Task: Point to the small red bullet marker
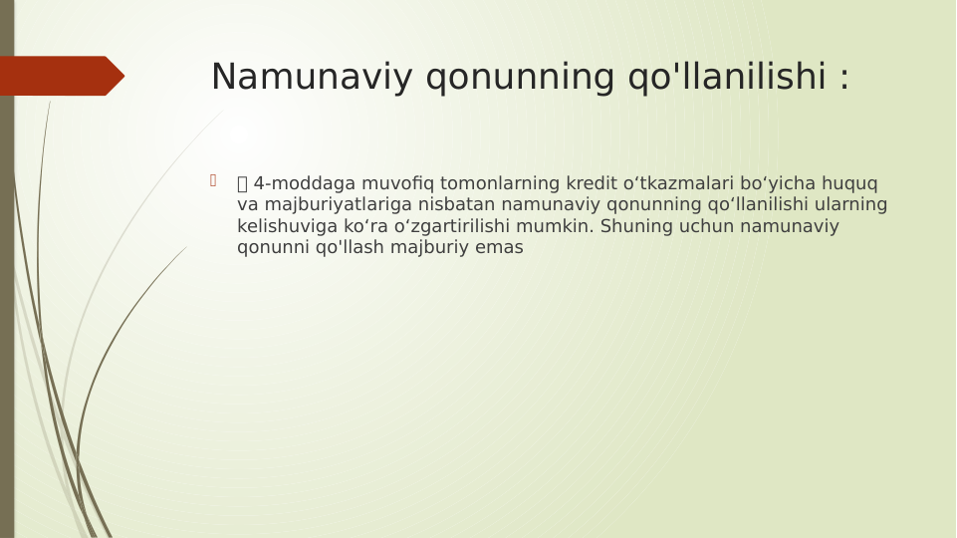213,180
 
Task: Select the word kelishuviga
286,226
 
